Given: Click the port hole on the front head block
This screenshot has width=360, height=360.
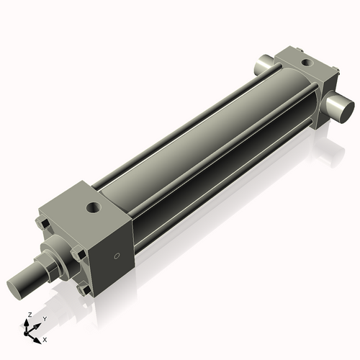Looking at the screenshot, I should (94, 209).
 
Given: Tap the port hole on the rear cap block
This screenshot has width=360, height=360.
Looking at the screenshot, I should (307, 63).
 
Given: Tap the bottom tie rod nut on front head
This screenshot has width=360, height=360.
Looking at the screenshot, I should (84, 289).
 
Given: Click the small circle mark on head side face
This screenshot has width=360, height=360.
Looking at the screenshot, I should (117, 255).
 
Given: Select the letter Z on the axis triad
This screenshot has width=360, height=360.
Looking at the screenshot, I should (29, 315).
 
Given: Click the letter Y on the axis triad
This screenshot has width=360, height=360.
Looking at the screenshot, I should (45, 318).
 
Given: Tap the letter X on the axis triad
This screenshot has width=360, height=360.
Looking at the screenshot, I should (45, 338).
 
